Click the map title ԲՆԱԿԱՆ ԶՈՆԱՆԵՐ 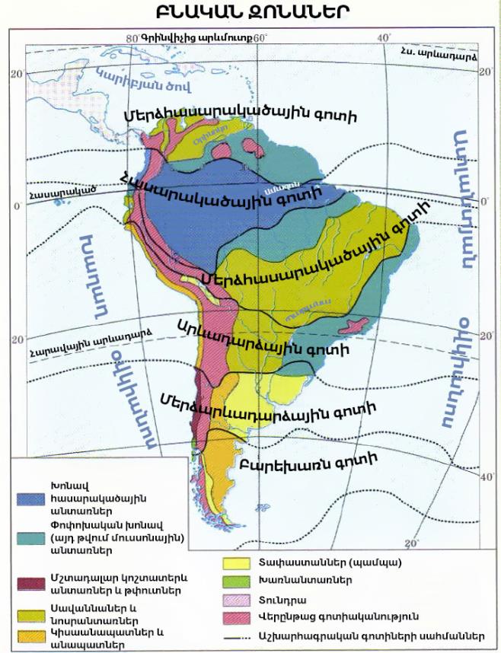point(251,13)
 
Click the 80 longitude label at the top point(132,37)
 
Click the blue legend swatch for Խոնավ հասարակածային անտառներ point(31,498)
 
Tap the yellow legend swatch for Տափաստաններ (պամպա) point(240,564)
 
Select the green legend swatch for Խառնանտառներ point(240,581)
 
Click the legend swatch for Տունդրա point(240,599)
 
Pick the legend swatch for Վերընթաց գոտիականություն point(240,616)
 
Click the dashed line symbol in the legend point(240,635)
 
